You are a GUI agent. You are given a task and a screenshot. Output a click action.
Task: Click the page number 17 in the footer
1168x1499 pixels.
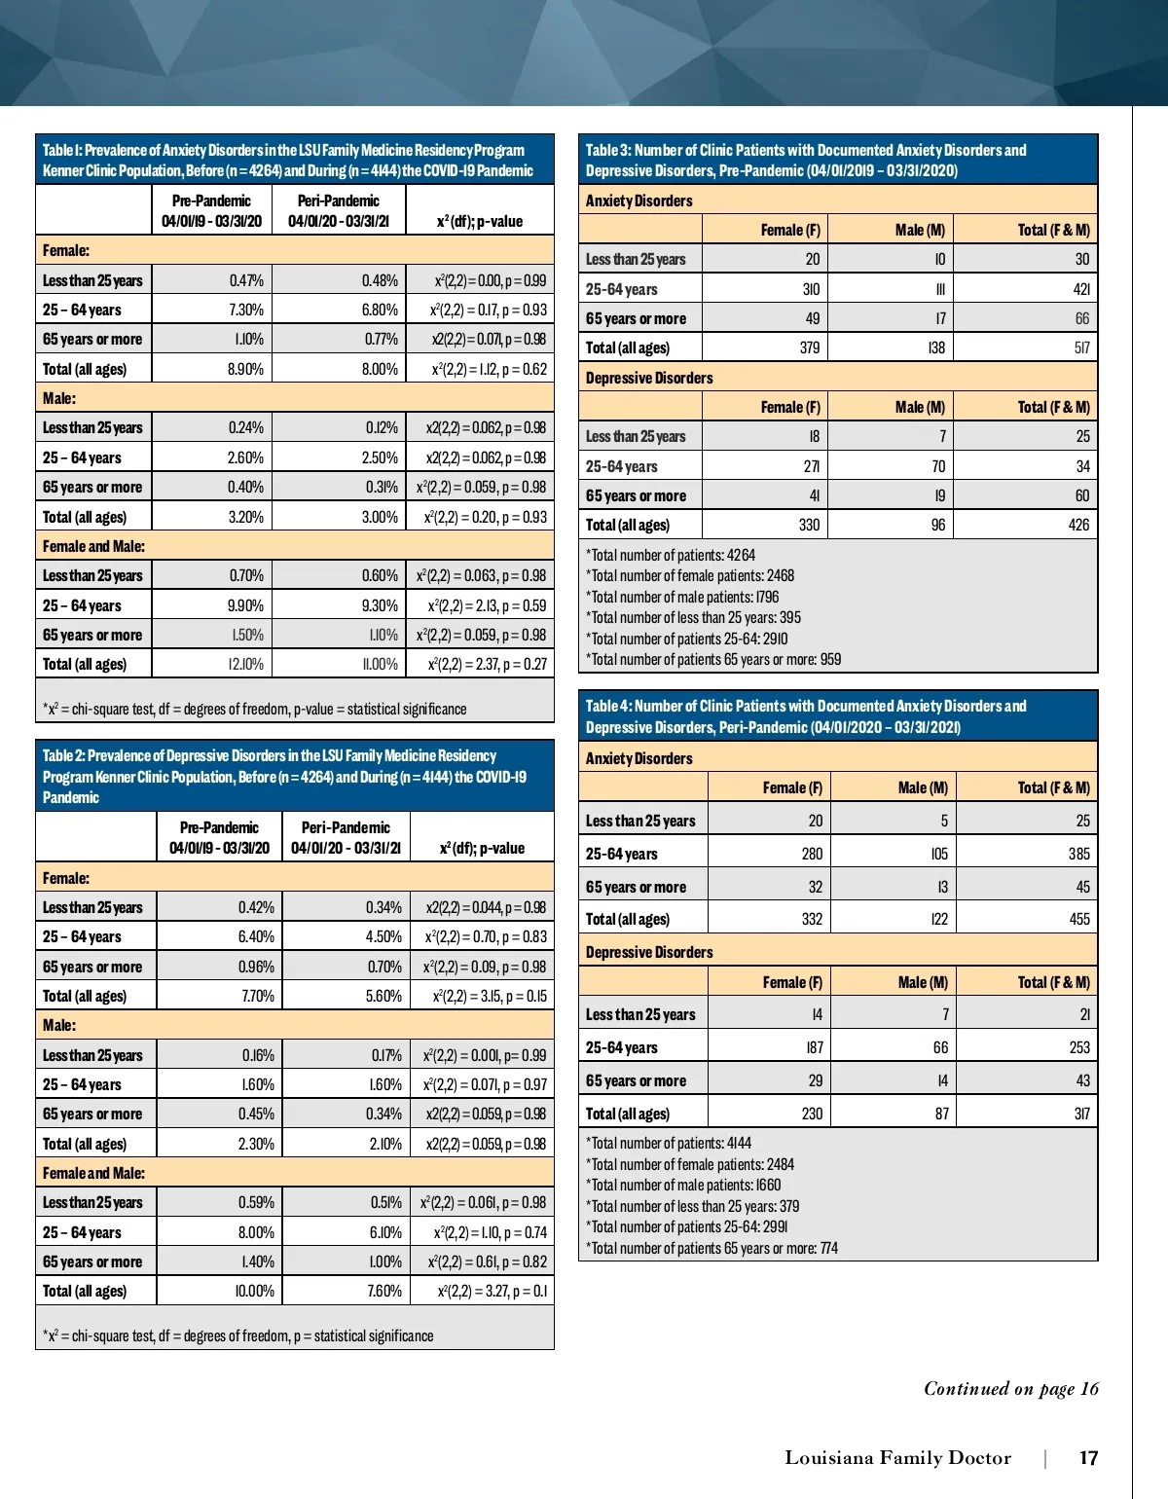(x=1088, y=1458)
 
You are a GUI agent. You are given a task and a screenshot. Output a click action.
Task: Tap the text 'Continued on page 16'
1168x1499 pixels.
(x=1010, y=1389)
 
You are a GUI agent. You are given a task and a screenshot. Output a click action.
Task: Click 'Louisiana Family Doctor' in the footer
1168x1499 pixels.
(x=897, y=1458)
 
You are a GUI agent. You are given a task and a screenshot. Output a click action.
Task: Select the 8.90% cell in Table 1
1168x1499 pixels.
(x=245, y=369)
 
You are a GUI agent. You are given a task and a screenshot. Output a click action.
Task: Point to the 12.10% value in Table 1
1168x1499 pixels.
(x=245, y=664)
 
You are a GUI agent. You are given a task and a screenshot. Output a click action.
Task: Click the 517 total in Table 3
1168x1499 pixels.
(x=1081, y=347)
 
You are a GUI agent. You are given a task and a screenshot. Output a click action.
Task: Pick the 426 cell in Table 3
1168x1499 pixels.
(x=1078, y=525)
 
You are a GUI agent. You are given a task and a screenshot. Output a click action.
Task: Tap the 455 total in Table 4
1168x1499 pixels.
(x=1079, y=919)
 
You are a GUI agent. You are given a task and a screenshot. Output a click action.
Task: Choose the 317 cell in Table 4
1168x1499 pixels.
(x=1080, y=1114)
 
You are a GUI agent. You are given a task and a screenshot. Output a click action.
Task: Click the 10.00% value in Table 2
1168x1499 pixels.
(x=255, y=1291)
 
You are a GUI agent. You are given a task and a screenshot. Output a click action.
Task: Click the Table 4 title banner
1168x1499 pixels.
(x=838, y=716)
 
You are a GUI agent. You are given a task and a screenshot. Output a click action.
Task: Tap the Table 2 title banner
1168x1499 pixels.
(x=294, y=776)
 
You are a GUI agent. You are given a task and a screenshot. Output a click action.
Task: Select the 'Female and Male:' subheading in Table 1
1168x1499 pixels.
(x=93, y=546)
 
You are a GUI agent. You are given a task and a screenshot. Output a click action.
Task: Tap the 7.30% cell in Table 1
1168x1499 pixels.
(x=245, y=310)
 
